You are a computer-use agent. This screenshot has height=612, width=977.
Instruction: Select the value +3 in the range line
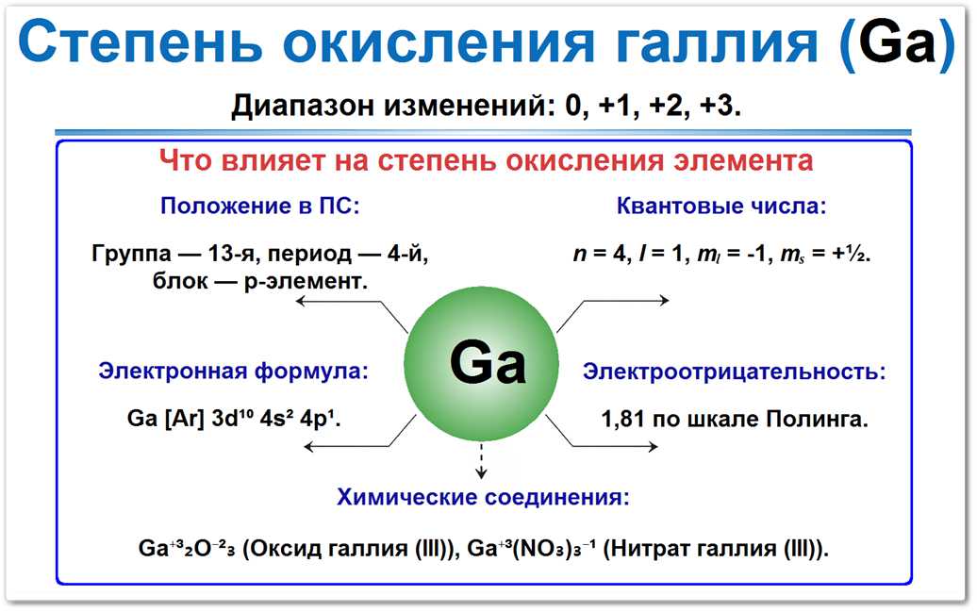(x=719, y=106)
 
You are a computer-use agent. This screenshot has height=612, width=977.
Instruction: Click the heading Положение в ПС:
(x=260, y=207)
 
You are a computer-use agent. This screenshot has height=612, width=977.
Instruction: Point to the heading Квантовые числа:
(x=721, y=207)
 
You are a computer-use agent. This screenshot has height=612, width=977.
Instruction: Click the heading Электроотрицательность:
(x=734, y=372)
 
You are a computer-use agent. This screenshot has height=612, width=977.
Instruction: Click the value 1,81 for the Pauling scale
(x=623, y=418)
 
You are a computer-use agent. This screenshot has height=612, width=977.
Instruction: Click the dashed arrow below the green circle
(x=482, y=462)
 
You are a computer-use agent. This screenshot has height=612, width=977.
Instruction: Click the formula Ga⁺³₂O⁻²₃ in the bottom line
(x=188, y=549)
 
